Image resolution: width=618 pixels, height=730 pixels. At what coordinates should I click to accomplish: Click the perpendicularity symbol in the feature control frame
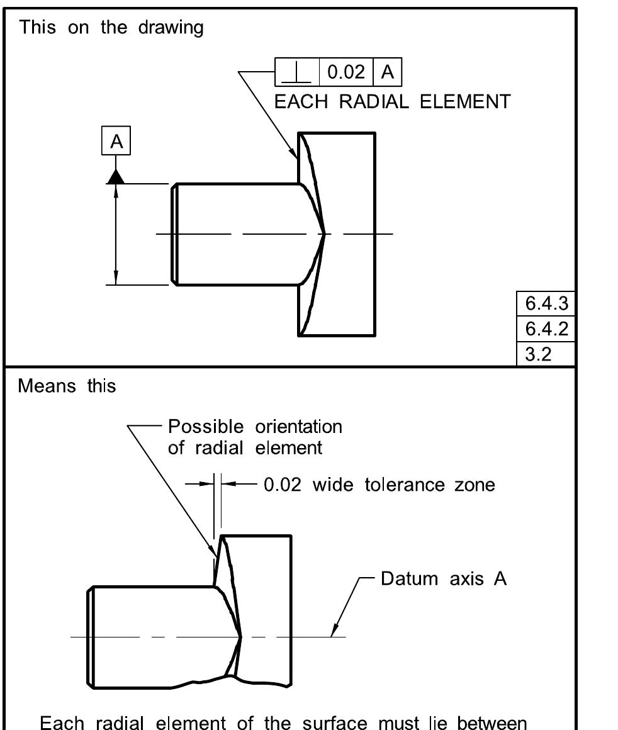[297, 73]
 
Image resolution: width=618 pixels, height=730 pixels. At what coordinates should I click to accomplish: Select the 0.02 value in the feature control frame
[346, 72]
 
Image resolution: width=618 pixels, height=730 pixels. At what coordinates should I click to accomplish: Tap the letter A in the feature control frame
[388, 72]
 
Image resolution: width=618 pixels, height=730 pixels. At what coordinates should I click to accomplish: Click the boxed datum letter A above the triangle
[116, 143]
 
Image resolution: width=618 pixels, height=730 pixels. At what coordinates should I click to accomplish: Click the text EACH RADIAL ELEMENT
[393, 102]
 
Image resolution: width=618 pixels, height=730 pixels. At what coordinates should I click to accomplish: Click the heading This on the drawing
[111, 28]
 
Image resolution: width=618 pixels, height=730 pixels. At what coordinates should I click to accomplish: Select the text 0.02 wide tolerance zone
[378, 485]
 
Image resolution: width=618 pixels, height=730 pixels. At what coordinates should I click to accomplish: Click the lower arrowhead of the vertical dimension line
[116, 278]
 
